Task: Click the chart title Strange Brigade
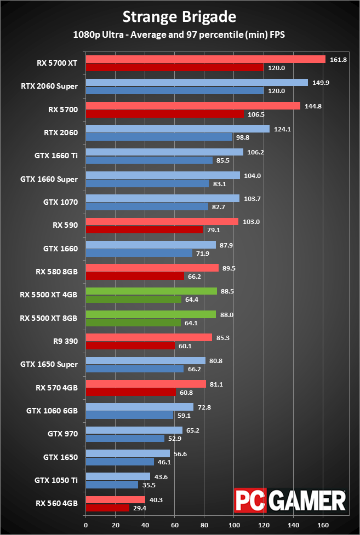point(179,16)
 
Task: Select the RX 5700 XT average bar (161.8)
point(205,59)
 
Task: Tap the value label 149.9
point(321,83)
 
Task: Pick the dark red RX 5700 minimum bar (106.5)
point(164,114)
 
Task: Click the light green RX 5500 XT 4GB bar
point(151,291)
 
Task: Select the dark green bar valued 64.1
point(133,323)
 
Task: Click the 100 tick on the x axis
point(234,525)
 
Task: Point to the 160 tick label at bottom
point(323,525)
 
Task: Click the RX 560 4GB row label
point(57,504)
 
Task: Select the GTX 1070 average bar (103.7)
point(162,198)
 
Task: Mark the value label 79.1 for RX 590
point(214,229)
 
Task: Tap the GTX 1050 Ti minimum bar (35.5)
point(112,485)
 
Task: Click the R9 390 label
point(64,341)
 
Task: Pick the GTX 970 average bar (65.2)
point(134,430)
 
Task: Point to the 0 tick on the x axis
point(85,525)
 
